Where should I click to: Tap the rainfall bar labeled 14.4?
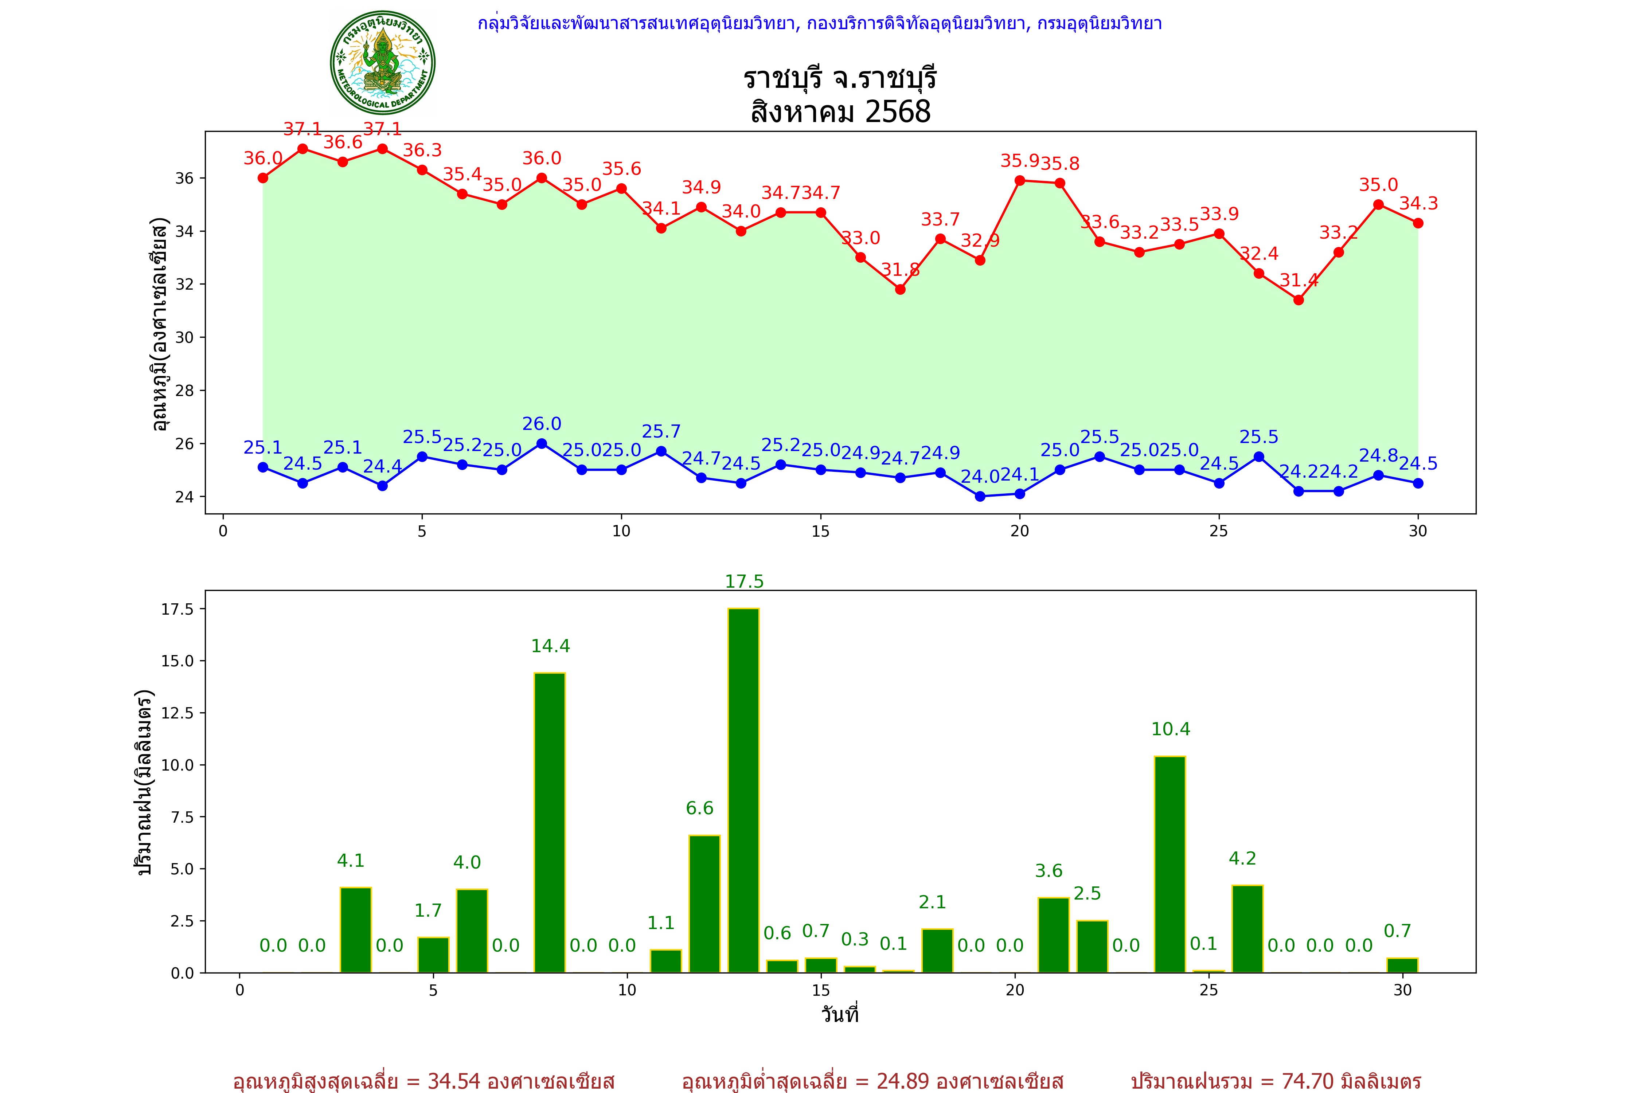550,823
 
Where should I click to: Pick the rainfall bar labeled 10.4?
1170,864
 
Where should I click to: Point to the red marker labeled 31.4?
1298,300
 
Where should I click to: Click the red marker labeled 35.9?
1019,181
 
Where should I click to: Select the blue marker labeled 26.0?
542,443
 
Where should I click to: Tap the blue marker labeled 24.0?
980,496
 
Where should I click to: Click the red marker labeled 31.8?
900,289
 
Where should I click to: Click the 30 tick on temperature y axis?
184,337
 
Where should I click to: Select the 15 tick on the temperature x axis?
820,531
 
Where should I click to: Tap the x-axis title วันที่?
840,1014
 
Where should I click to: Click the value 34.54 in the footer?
454,1081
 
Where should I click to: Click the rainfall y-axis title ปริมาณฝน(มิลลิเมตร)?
144,782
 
